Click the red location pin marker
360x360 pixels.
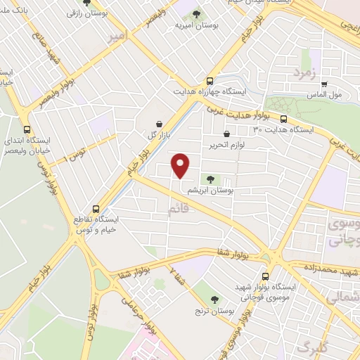pyautogui.click(x=181, y=165)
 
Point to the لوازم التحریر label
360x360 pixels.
pyautogui.click(x=226, y=144)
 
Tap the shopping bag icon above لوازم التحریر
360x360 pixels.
pyautogui.click(x=226, y=134)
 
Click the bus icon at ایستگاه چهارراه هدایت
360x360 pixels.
pyautogui.click(x=209, y=81)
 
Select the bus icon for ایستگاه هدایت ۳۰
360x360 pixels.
pyautogui.click(x=283, y=120)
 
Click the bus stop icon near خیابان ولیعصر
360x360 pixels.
pyautogui.click(x=27, y=129)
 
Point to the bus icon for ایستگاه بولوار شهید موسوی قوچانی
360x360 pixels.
pyautogui.click(x=265, y=277)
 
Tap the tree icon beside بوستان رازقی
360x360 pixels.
pyautogui.click(x=87, y=3)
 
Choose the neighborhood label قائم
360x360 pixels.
pyautogui.click(x=178, y=210)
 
